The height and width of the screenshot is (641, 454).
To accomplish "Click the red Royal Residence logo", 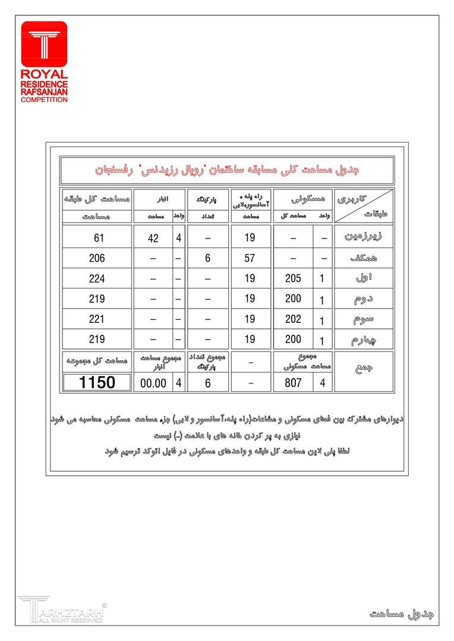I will tap(44, 62).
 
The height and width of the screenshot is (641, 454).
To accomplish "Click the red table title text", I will tap(227, 170).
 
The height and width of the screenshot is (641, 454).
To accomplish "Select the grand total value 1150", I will tap(97, 382).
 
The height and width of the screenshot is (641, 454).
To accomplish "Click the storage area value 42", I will tap(153, 238).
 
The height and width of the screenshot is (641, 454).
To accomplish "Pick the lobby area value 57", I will tap(250, 258).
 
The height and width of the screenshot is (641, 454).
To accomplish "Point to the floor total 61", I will tap(97, 238).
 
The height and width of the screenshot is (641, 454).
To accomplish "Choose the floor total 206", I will tap(97, 258).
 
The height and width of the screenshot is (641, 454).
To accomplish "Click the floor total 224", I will tap(97, 278).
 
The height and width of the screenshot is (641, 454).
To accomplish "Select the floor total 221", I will tap(97, 319).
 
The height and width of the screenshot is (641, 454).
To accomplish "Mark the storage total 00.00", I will tap(153, 383).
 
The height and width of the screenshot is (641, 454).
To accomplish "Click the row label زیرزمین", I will tap(363, 237).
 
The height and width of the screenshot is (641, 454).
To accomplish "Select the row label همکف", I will tap(363, 258).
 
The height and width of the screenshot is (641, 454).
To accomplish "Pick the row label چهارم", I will tap(363, 339).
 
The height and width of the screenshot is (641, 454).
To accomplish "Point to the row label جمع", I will tap(363, 369).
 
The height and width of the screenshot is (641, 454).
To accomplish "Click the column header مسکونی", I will tap(303, 199).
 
